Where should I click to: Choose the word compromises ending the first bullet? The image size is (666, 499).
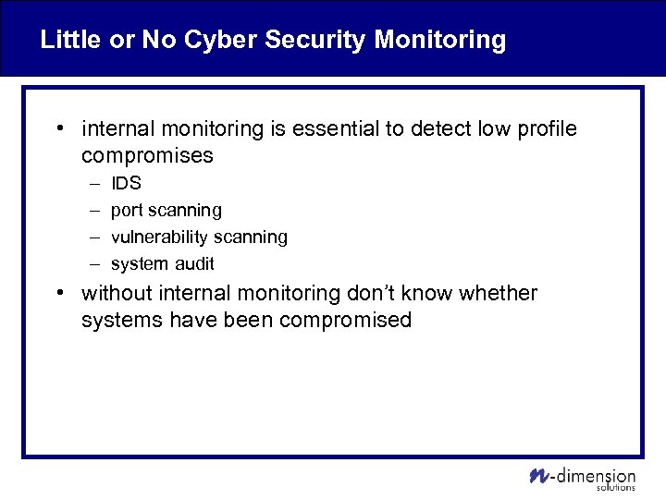point(147,156)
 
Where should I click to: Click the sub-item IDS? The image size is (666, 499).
point(126,184)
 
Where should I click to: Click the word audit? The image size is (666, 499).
point(194,264)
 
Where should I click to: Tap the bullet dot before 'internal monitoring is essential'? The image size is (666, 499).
point(59,129)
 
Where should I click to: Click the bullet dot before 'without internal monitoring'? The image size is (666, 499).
point(59,294)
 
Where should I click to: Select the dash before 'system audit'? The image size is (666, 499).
point(92,264)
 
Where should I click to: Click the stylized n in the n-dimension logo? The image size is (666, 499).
point(538,476)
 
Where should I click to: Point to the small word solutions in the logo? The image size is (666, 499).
point(616,487)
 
